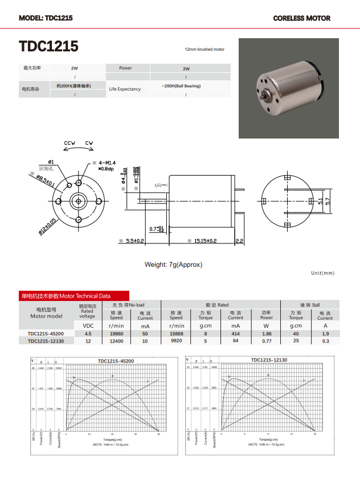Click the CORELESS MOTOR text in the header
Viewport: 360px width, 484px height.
[301, 18]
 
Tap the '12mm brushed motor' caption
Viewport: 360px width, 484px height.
[204, 50]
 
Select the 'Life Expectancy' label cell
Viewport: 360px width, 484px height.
[125, 89]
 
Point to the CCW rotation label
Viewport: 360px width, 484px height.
[69, 143]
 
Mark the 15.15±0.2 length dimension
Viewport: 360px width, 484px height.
[199, 241]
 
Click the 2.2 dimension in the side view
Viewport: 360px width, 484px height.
[239, 241]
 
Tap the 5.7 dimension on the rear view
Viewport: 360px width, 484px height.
[327, 201]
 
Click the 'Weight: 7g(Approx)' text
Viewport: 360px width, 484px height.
[173, 265]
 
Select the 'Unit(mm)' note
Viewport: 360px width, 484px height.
[323, 273]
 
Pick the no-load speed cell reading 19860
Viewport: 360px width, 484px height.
[116, 333]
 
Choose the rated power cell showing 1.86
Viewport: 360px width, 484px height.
[267, 333]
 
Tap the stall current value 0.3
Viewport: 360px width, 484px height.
[325, 341]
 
